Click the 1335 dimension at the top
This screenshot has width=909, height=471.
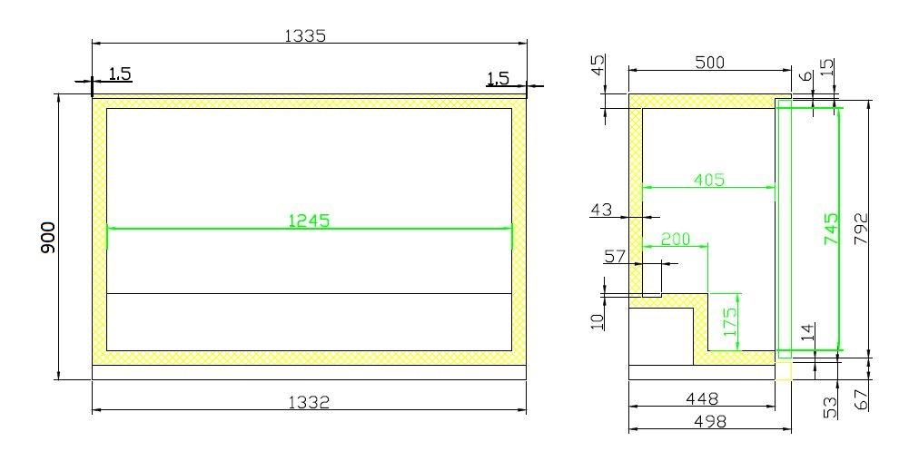coord(305,35)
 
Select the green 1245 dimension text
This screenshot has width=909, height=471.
coord(309,220)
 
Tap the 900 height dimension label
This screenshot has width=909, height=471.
coord(49,237)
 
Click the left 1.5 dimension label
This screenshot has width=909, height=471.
coord(120,74)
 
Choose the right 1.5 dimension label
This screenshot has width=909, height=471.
coord(498,79)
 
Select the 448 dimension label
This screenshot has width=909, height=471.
coord(702,397)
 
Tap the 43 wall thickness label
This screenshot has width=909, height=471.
coord(601,210)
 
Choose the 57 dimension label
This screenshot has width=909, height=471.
coord(615,257)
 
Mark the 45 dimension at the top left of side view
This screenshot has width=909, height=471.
coord(597,67)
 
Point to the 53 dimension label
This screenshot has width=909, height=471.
coord(830,407)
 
